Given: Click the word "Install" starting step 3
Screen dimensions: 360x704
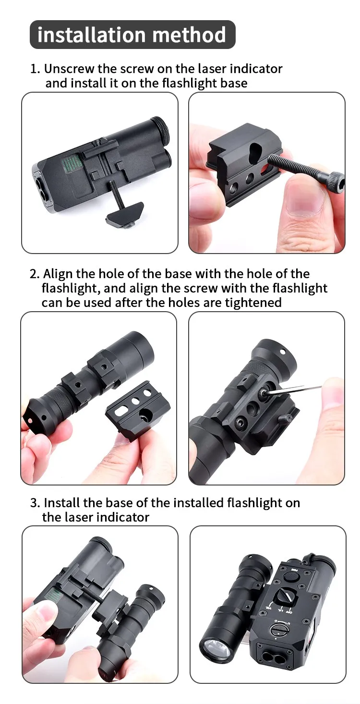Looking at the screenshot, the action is [x=61, y=503].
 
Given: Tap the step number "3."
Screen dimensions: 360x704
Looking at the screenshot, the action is [x=35, y=503].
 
